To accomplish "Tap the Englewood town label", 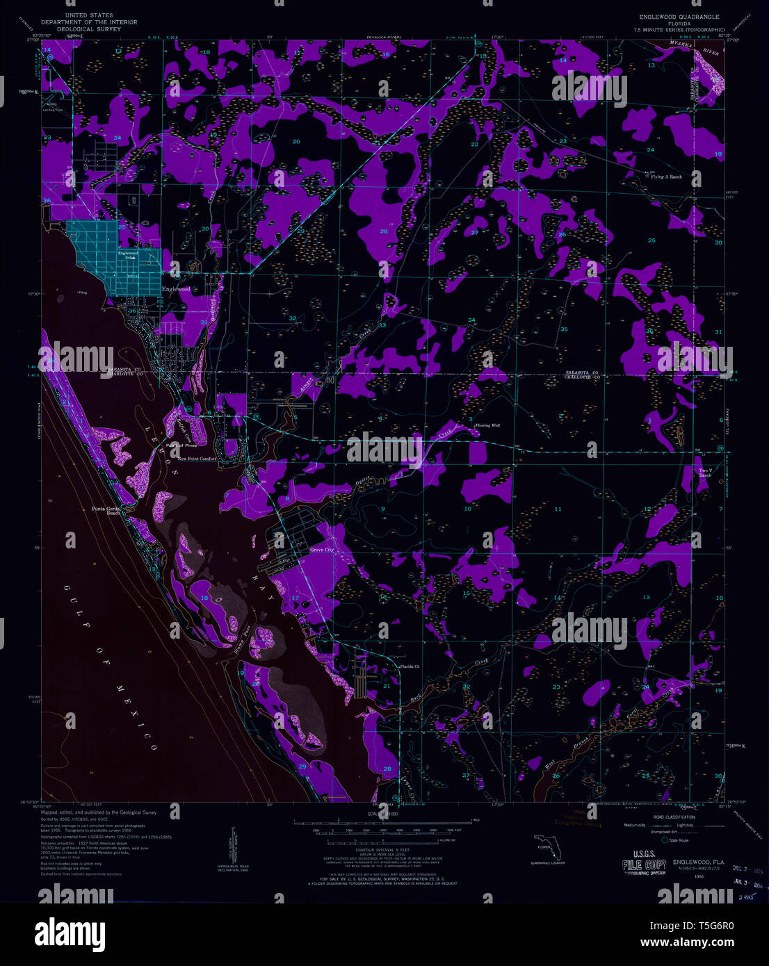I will (x=176, y=289).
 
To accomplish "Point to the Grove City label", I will (x=322, y=550).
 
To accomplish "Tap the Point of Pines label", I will (x=181, y=445).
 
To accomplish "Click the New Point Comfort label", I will (x=197, y=459).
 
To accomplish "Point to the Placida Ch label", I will (x=410, y=667).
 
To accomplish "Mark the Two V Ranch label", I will (x=706, y=473).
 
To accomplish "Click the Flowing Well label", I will (x=487, y=425).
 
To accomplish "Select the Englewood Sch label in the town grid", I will (x=128, y=254).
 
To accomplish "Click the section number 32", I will (x=293, y=318).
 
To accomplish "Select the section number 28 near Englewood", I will (x=383, y=231).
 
